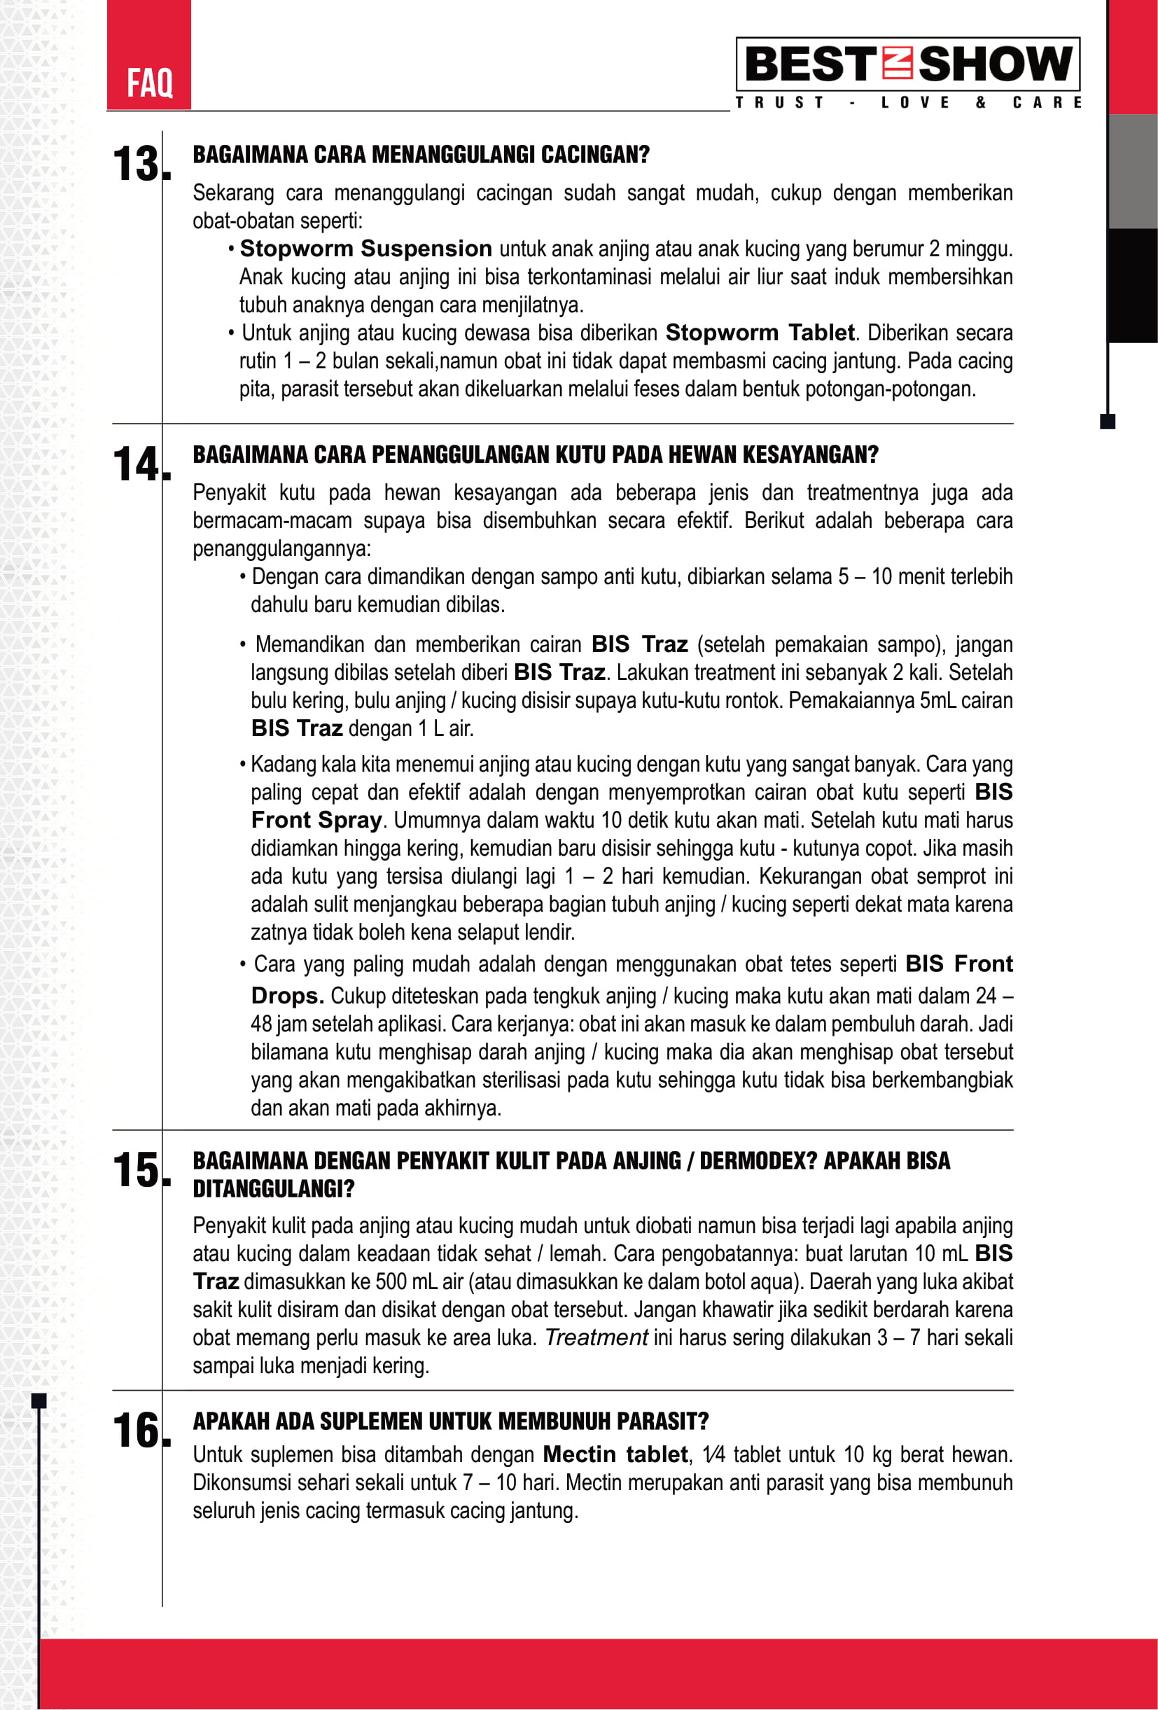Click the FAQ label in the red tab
tap(149, 83)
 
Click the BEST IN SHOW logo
tap(908, 64)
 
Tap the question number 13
tap(138, 163)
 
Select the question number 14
tap(138, 464)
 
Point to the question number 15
tap(138, 1170)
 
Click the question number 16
tap(138, 1431)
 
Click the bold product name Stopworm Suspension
tap(365, 249)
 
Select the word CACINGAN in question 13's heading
tap(595, 155)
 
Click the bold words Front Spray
tap(316, 820)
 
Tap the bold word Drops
tap(287, 996)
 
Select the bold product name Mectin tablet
tap(615, 1454)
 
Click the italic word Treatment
tap(596, 1337)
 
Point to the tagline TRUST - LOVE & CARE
tap(908, 102)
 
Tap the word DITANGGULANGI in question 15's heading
tap(273, 1188)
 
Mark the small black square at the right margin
tap(1107, 422)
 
